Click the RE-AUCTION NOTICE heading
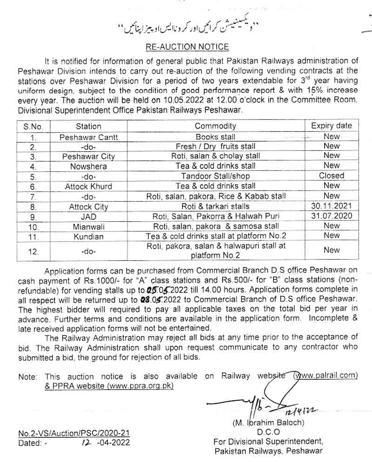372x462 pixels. tap(187, 47)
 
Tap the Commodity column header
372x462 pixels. tap(215, 126)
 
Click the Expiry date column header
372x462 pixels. tap(332, 125)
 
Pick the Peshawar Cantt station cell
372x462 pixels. tap(88, 137)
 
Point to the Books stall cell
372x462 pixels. tap(215, 137)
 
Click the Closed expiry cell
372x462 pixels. tap(332, 176)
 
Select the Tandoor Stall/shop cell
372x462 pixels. tap(215, 176)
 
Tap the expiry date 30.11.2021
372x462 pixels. tap(332, 206)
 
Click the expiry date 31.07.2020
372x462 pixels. tap(332, 216)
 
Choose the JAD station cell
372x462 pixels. tap(88, 216)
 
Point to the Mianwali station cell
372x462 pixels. tap(88, 226)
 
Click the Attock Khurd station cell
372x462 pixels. tap(88, 186)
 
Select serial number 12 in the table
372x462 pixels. tap(33, 251)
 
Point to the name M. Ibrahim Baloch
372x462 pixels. tap(268, 423)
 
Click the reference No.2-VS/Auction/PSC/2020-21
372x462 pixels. tap(74, 433)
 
